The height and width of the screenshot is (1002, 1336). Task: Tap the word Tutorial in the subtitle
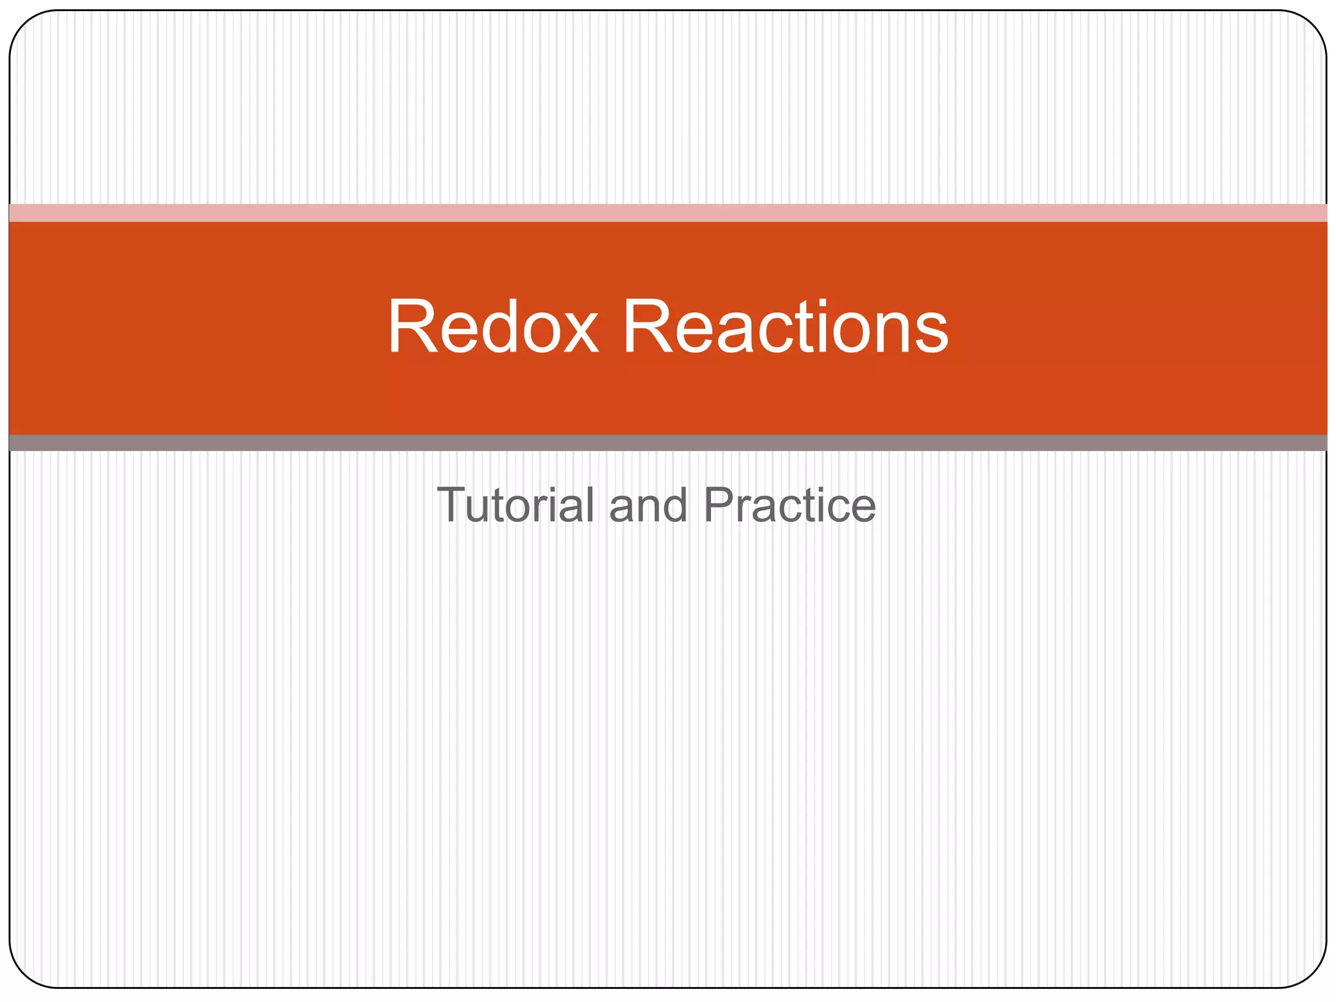[x=515, y=505]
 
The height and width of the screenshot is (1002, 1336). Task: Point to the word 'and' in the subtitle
[x=648, y=506]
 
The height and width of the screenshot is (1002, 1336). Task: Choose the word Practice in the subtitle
[x=789, y=505]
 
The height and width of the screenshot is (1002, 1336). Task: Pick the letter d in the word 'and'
[x=675, y=505]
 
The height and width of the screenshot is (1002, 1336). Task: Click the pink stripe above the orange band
[x=668, y=213]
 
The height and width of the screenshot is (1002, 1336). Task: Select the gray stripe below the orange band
[x=668, y=443]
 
